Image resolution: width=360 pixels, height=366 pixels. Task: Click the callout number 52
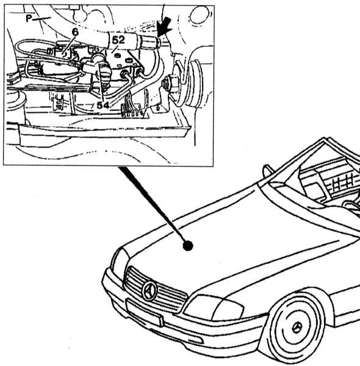coord(118,40)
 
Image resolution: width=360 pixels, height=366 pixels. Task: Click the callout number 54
coord(103,106)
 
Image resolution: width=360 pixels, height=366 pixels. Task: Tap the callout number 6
coord(75,32)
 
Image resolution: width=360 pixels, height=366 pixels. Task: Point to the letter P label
coord(29,18)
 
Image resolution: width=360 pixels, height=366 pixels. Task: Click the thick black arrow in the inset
coord(165,27)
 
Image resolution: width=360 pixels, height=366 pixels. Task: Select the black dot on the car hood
coord(188,246)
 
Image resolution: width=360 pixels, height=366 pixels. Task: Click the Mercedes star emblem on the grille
coord(149,291)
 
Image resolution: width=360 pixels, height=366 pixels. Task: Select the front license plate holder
coord(144,312)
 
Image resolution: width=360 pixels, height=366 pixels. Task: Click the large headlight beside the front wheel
coord(214,308)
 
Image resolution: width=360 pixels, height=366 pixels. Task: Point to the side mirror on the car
coord(267,171)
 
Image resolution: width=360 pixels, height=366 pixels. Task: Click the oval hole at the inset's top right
coord(199,15)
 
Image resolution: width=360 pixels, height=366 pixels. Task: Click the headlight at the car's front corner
coord(120,262)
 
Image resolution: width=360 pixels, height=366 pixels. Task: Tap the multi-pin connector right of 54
coord(131,109)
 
